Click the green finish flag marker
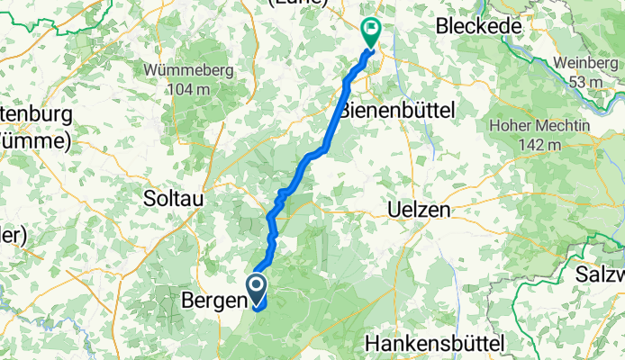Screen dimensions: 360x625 pyautogui.click(x=370, y=31)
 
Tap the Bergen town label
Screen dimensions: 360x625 pyautogui.click(x=211, y=300)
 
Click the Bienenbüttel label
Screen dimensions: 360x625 pyautogui.click(x=398, y=110)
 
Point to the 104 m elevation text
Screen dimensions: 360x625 pyautogui.click(x=188, y=89)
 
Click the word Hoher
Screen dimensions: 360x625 pyautogui.click(x=512, y=126)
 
